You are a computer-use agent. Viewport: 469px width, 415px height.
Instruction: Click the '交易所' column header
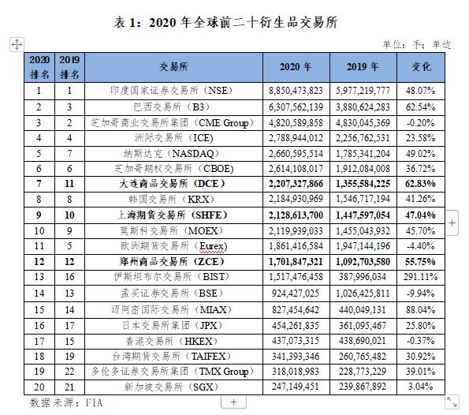coord(173,66)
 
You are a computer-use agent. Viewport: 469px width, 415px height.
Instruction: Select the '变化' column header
coord(421,66)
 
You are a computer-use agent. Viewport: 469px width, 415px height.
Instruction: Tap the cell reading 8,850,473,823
coord(296,91)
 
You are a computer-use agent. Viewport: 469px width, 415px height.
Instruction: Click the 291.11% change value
coord(421,277)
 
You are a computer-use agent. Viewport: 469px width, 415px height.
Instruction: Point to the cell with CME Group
coord(173,123)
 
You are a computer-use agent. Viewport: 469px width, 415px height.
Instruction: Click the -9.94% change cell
coord(421,293)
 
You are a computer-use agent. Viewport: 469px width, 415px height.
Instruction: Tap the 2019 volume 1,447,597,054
coord(363,215)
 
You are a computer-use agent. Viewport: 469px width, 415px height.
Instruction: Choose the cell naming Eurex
coord(173,246)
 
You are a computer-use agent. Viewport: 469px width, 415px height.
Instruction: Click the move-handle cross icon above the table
coord(17,45)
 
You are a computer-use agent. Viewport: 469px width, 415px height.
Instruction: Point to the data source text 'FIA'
coord(95,402)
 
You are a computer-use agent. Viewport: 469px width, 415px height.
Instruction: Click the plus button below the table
coord(233,402)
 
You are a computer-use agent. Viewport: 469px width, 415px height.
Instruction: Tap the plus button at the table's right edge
coord(452,223)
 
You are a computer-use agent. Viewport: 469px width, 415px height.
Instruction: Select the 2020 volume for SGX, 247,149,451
coord(296,387)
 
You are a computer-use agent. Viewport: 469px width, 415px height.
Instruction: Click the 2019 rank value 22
coord(69,372)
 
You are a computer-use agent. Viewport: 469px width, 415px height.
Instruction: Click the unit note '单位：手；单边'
coord(416,45)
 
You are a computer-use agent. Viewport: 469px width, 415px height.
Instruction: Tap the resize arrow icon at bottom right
coord(452,402)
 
